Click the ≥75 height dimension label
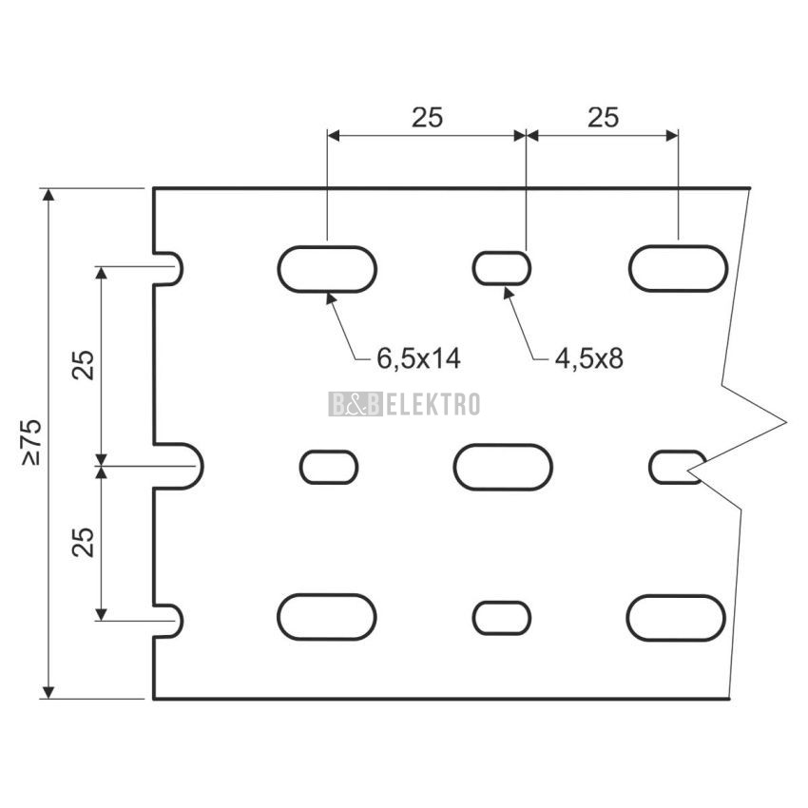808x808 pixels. pos(31,444)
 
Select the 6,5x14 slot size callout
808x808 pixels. pos(418,358)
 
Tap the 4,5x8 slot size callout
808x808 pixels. pos(588,358)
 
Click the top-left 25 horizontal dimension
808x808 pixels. pos(427,117)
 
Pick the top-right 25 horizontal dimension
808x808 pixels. pos(603,117)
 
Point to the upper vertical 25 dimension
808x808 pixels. pos(84,365)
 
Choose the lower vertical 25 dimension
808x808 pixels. pos(84,542)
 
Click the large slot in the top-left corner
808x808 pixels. pos(327,268)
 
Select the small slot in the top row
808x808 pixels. pos(502,268)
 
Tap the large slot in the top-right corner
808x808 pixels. pos(678,268)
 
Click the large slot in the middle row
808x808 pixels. pos(503,467)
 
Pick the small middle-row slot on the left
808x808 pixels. pos(329,467)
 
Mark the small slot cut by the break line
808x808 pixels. pos(673,467)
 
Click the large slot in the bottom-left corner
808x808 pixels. pos(327,617)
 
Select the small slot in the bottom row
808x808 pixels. pos(502,617)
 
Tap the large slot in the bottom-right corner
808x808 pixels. pos(676,617)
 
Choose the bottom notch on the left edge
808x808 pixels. pos(168,619)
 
